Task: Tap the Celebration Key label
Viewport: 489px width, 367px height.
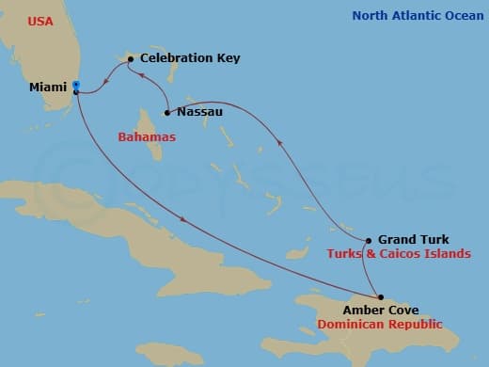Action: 189,58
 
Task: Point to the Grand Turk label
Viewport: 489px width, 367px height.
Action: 414,240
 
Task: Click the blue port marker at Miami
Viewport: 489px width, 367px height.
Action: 75,85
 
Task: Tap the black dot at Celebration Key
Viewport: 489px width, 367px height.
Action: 130,58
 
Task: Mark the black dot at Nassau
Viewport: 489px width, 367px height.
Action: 166,113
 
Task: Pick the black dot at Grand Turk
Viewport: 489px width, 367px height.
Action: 369,240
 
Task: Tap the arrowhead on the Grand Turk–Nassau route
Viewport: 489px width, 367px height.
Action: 278,142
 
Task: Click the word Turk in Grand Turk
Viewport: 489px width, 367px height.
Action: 434,240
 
